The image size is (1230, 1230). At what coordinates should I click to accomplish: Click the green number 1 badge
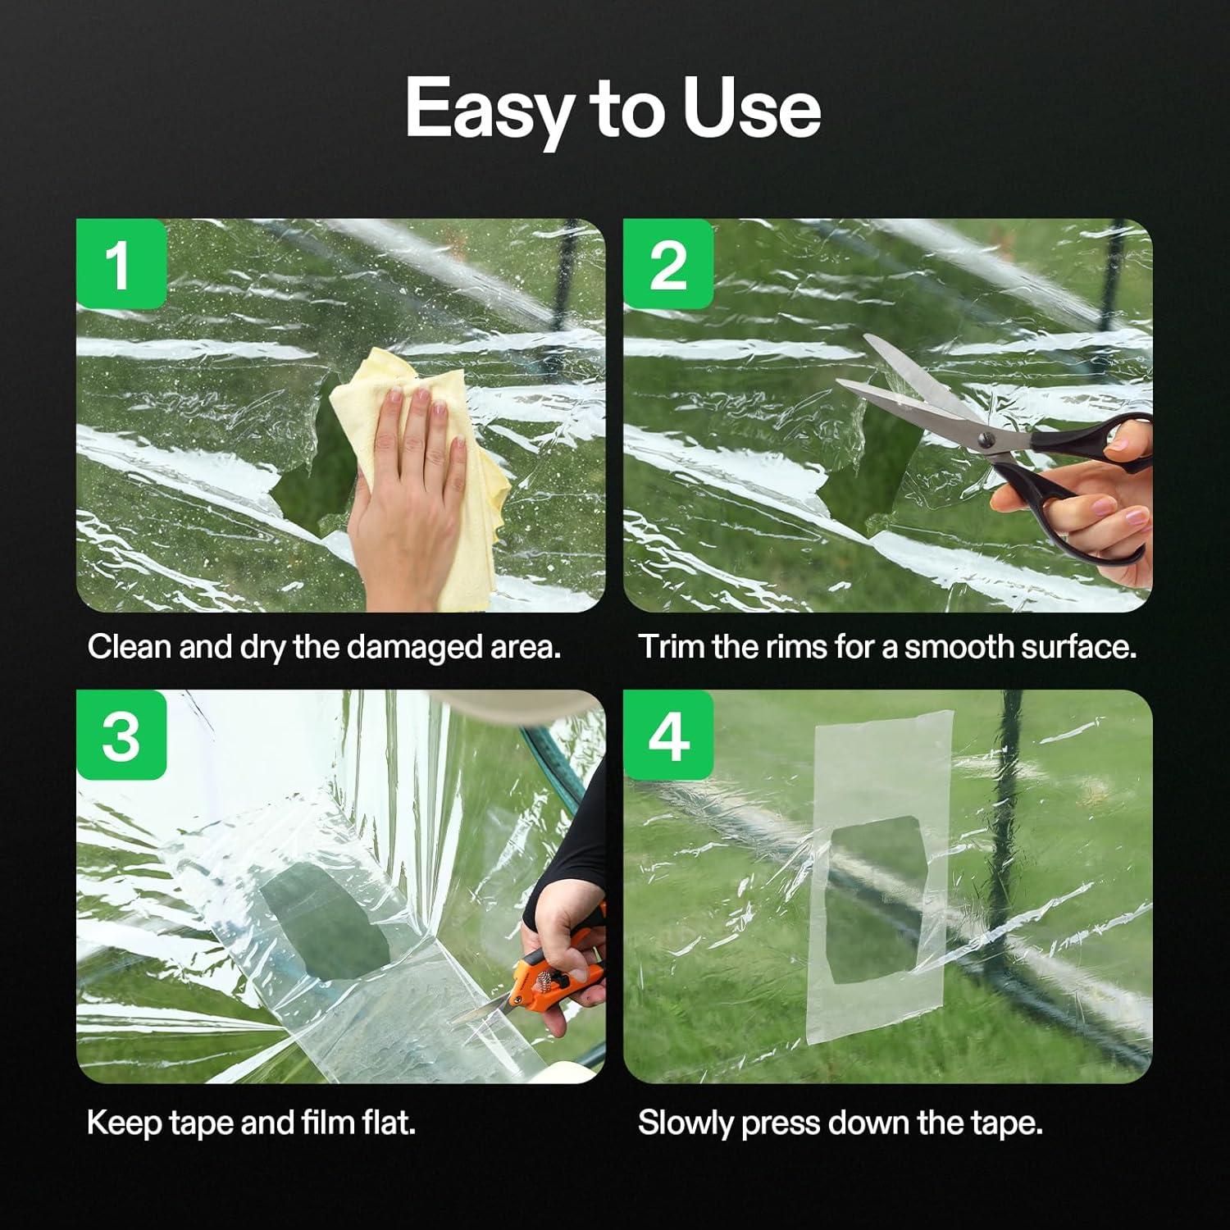(x=121, y=264)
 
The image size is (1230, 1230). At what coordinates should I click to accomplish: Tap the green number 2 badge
(x=668, y=264)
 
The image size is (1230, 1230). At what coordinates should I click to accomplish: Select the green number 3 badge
(x=121, y=735)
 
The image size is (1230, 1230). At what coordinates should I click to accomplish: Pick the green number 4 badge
(x=668, y=735)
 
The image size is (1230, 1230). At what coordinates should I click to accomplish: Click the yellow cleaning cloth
(x=422, y=476)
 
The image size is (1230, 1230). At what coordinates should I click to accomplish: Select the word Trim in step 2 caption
(x=672, y=647)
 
